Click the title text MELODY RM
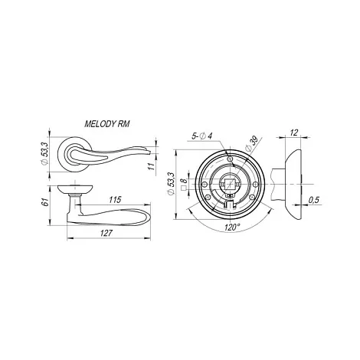click(x=107, y=124)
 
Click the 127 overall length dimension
click(x=107, y=233)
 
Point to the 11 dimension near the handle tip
click(x=152, y=166)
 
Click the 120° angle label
click(x=232, y=227)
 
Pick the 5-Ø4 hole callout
click(x=202, y=136)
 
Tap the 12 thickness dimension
click(x=294, y=133)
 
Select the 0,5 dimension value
click(x=314, y=200)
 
